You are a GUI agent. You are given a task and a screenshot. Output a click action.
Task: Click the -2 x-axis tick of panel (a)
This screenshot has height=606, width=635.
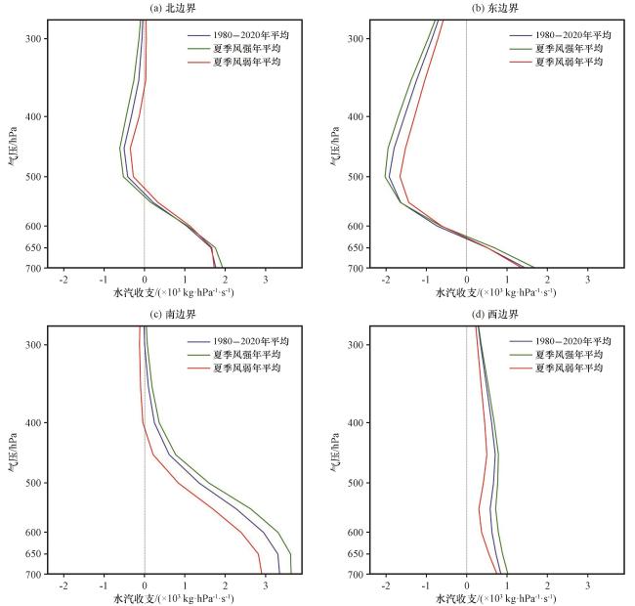coord(63,279)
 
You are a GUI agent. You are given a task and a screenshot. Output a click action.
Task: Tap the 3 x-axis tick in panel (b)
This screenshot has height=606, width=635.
coord(587,279)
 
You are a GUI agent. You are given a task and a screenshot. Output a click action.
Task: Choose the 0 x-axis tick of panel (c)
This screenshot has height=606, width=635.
coord(145,584)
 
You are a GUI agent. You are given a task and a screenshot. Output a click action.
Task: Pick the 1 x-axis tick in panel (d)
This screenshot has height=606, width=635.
coord(507,584)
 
